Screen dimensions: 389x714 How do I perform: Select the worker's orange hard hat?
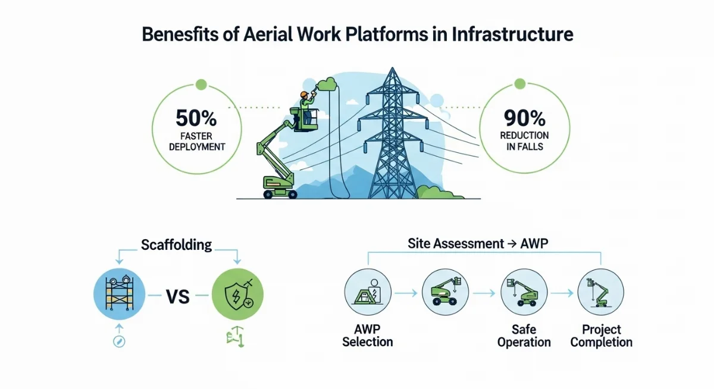[305, 94]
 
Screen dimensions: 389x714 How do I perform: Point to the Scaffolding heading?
[176, 244]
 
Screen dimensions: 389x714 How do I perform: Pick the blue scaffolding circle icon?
[119, 294]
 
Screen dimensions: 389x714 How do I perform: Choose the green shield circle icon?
[237, 294]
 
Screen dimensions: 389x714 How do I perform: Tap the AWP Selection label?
[367, 335]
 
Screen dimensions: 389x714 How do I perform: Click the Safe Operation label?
[524, 335]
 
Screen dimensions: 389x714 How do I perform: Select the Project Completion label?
[602, 335]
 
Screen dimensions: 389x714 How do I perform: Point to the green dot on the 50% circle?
[201, 84]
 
